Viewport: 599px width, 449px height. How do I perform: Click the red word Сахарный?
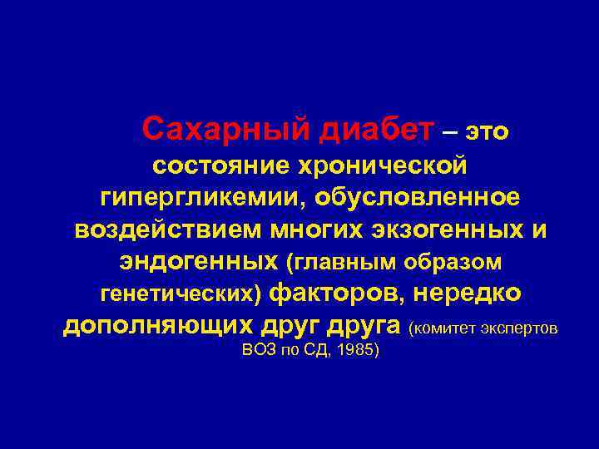click(216, 129)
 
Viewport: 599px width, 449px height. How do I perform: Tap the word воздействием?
click(159, 229)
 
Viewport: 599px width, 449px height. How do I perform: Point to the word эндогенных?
click(197, 262)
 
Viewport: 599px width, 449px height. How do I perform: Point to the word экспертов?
click(521, 328)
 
